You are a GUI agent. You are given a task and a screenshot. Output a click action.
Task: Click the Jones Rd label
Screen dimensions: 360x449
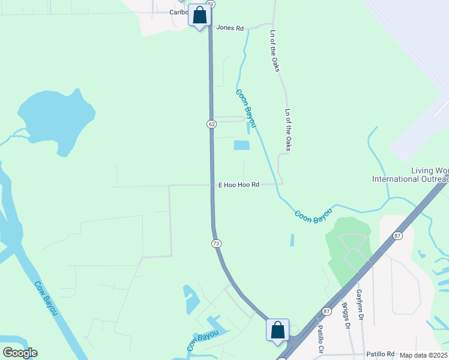[231, 28]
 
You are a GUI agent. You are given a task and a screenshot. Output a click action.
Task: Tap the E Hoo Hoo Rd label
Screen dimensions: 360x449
[238, 185]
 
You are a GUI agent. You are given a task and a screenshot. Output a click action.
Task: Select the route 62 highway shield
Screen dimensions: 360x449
[211, 124]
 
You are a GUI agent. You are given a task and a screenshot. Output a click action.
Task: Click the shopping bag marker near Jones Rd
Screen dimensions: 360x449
[200, 15]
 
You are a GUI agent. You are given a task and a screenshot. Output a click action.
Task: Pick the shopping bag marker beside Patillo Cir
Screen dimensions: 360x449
[277, 329]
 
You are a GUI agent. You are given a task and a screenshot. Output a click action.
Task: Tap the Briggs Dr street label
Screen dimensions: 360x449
[346, 317]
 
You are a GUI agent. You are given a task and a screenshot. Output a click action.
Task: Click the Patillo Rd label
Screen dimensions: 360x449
[381, 354]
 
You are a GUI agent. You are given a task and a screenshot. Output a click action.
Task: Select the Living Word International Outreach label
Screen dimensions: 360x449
[411, 175]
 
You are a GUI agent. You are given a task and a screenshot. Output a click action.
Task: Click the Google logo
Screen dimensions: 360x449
[20, 353]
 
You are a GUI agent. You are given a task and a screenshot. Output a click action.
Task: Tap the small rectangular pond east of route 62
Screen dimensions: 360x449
[241, 145]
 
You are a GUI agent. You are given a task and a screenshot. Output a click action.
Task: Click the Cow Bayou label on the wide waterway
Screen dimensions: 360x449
[46, 299]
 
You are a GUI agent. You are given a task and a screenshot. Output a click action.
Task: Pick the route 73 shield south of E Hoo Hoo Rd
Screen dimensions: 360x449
[216, 243]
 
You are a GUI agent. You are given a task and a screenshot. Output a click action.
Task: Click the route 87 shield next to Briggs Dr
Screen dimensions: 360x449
[326, 311]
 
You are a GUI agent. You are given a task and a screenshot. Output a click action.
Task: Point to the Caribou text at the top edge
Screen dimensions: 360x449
[179, 12]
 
